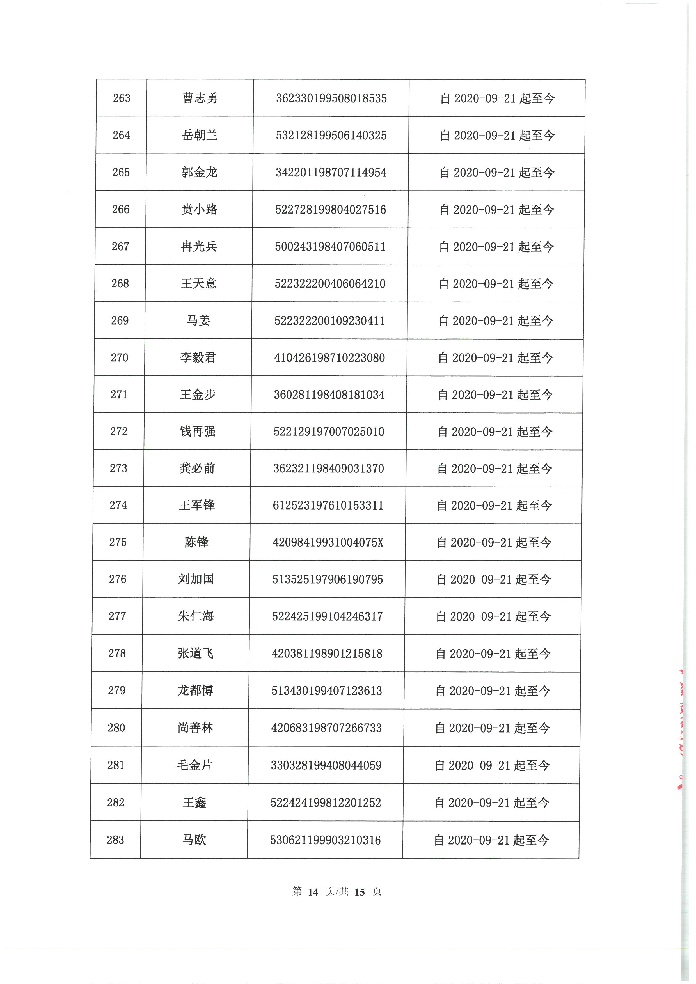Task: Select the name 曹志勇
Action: point(200,98)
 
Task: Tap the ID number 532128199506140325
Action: point(331,136)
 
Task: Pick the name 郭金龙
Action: point(199,172)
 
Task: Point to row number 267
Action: point(120,246)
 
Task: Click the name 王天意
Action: point(198,283)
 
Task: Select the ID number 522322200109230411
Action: point(329,321)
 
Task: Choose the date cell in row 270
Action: point(495,358)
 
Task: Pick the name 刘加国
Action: point(196,579)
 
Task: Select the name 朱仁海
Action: point(196,616)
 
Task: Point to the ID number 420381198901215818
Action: point(327,653)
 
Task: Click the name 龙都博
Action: point(195,691)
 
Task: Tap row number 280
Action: point(116,728)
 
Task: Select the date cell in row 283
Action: point(492,840)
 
